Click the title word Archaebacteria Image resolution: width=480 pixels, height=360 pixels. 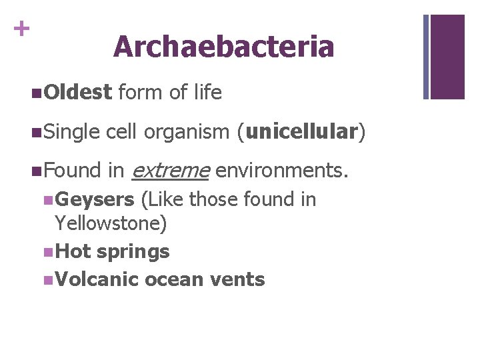tap(223, 47)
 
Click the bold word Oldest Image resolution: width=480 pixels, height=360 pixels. tap(79, 92)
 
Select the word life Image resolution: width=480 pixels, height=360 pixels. tap(207, 92)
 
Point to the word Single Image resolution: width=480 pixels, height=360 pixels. tap(73, 132)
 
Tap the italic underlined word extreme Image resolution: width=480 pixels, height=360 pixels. tap(171, 171)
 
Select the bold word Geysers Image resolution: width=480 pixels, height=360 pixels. tap(95, 199)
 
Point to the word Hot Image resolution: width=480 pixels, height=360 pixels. tap(74, 251)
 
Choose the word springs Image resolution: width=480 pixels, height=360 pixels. tap(133, 252)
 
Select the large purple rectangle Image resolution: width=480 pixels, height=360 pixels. tap(447, 57)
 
